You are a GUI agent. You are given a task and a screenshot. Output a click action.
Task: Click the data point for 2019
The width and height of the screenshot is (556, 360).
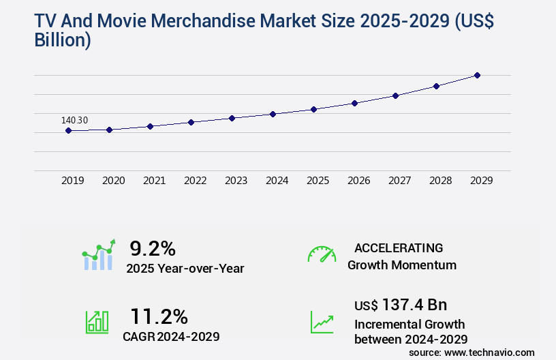point(68,130)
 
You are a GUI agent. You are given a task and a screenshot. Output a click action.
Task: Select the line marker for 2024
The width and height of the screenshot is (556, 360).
point(273,114)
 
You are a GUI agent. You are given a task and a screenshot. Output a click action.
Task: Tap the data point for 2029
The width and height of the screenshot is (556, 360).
point(477,75)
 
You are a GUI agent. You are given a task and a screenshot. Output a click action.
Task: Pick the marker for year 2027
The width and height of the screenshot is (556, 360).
point(395,95)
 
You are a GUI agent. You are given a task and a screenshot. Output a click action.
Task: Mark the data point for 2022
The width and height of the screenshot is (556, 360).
point(191,122)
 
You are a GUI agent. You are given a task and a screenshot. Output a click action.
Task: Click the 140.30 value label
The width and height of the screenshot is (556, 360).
point(74,120)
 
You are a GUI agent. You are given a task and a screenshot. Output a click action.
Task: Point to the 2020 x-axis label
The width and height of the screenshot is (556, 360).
point(113,181)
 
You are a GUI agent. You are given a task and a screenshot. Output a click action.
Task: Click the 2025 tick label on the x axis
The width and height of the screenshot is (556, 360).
point(318,181)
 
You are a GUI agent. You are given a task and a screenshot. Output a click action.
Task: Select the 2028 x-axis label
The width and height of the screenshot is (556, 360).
point(440,181)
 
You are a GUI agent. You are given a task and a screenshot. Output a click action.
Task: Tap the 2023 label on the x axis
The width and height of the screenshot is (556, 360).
point(236,181)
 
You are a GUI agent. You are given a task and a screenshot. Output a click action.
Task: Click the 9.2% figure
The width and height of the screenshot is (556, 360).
point(153,247)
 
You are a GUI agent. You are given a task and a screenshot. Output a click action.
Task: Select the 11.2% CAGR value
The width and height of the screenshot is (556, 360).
point(159,316)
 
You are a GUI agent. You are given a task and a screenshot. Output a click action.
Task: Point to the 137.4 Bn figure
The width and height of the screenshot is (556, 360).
point(414,305)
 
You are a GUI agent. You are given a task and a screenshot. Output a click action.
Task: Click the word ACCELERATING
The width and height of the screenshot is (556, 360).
point(399,247)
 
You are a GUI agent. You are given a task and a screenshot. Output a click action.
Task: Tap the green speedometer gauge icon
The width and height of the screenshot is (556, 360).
point(322,254)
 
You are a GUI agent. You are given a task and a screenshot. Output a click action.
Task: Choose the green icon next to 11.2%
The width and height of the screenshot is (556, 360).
point(97,322)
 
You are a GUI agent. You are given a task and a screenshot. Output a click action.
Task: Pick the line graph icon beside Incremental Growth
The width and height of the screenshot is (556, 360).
point(322,322)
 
